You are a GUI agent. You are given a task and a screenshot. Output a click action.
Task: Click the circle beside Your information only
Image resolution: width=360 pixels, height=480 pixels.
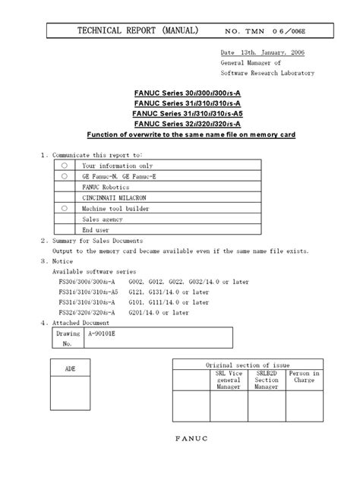tap(65, 165)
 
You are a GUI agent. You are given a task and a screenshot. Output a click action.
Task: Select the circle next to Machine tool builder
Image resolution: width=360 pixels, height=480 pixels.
tap(65, 207)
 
